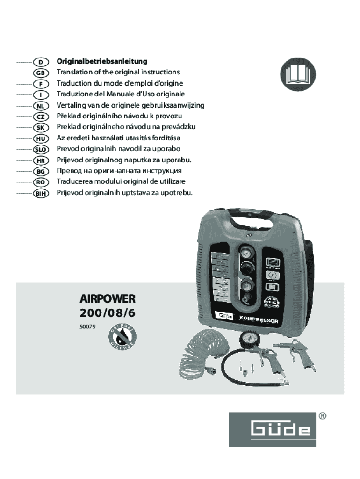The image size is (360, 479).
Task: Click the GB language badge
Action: coord(41,73)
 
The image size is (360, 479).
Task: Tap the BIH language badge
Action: coord(41,193)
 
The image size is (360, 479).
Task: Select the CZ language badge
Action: coord(41,116)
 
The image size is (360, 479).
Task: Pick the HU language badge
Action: coord(41,138)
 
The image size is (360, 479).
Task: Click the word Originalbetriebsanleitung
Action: coord(102,61)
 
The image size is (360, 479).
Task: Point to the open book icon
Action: coord(298,75)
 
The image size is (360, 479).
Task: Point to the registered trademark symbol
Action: coord(322,415)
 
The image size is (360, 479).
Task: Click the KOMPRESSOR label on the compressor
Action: coord(259,320)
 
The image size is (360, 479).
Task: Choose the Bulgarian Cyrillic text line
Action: coord(119,171)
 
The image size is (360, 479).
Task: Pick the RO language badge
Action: coord(41,182)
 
